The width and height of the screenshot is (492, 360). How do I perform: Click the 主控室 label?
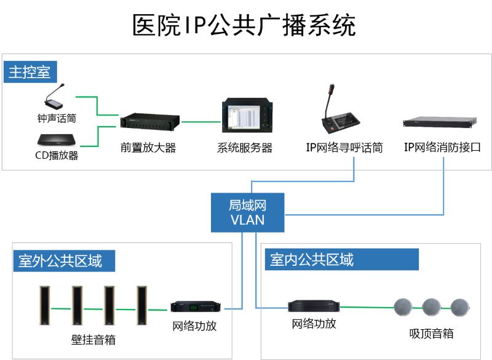point(30,72)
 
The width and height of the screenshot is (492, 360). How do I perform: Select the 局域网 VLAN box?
point(247,212)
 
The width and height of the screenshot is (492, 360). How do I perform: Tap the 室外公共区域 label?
point(64,261)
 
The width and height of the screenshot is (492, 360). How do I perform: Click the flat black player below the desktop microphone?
point(57,140)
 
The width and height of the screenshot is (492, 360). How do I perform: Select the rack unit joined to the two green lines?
point(150,122)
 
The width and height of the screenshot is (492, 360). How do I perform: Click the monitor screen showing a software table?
point(247,116)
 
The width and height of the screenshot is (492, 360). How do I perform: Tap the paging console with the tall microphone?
point(341,114)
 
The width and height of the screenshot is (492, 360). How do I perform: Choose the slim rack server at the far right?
point(440,122)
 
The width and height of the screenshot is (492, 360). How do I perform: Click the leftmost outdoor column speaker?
point(44,305)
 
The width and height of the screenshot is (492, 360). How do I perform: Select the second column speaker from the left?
point(77,305)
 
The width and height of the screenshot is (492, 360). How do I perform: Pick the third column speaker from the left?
point(109,305)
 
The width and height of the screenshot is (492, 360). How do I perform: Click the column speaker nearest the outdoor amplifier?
point(142,305)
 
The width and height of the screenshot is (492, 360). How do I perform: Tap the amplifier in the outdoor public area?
point(196,306)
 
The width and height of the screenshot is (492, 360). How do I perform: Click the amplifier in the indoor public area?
point(314,306)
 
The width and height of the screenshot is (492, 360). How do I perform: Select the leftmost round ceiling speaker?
point(403,306)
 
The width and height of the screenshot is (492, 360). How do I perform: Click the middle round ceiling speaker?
point(431,306)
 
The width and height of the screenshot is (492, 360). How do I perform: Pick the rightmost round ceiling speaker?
point(459,306)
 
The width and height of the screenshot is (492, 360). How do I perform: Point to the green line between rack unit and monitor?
point(200,122)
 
